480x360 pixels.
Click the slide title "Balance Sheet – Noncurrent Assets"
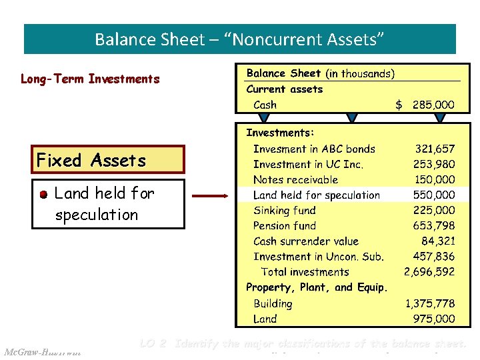[x=239, y=39]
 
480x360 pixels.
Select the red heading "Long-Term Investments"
[x=90, y=79]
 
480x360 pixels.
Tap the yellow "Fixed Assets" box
[x=108, y=160]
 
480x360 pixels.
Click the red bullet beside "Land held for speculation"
[x=43, y=194]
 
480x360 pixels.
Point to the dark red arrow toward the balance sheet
[x=211, y=196]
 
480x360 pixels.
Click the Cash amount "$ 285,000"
[x=425, y=105]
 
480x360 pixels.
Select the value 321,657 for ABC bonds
[x=435, y=149]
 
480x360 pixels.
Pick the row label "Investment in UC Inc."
[x=308, y=165]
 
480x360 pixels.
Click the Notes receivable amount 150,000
[x=435, y=180]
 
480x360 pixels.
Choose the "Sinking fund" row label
[x=285, y=211]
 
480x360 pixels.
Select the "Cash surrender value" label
[x=306, y=241]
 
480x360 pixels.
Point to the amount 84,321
[x=438, y=241]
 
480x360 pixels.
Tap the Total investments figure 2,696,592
[x=429, y=272]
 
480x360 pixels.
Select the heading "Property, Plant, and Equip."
[x=317, y=287]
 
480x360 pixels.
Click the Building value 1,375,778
[x=430, y=303]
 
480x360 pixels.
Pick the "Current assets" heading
[x=285, y=89]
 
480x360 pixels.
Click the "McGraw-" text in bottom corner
[x=23, y=351]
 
